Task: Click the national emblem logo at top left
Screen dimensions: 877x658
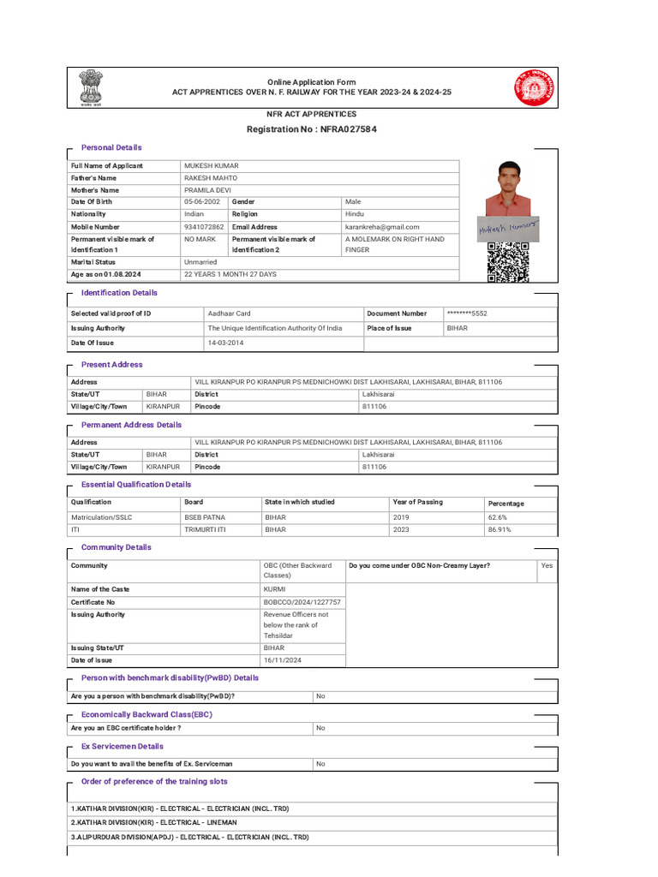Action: click(90, 87)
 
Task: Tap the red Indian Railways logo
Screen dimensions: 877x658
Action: click(534, 87)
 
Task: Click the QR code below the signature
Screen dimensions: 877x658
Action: click(508, 262)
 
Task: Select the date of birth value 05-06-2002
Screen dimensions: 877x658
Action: click(203, 202)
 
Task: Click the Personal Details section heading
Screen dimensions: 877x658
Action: click(111, 148)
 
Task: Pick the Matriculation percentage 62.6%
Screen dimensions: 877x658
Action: click(498, 518)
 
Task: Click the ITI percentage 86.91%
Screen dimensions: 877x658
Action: click(499, 530)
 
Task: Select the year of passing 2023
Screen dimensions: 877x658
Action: click(401, 530)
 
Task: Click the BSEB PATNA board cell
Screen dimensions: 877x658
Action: click(205, 518)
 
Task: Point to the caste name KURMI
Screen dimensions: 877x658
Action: click(275, 589)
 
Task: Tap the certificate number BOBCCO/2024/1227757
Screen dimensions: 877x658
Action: click(302, 602)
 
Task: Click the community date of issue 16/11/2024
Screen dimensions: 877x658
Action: click(282, 660)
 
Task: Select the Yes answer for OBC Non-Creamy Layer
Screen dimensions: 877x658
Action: click(547, 566)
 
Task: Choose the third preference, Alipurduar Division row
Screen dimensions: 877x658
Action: click(189, 837)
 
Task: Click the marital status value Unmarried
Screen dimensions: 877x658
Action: click(200, 262)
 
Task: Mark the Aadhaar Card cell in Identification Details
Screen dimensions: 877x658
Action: click(230, 314)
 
